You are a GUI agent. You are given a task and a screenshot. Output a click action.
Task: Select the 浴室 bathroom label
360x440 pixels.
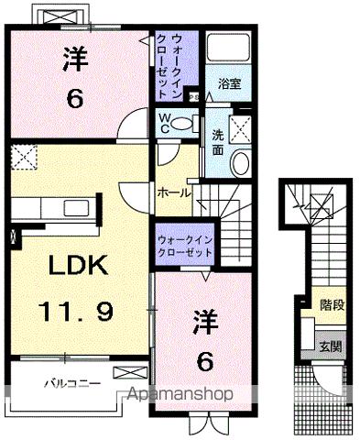[228, 82]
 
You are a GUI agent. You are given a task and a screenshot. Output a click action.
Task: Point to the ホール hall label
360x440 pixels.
[174, 193]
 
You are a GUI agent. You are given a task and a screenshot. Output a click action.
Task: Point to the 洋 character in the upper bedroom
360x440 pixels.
[75, 60]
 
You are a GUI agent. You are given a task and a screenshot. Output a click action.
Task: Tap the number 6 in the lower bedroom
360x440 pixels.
[205, 361]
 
